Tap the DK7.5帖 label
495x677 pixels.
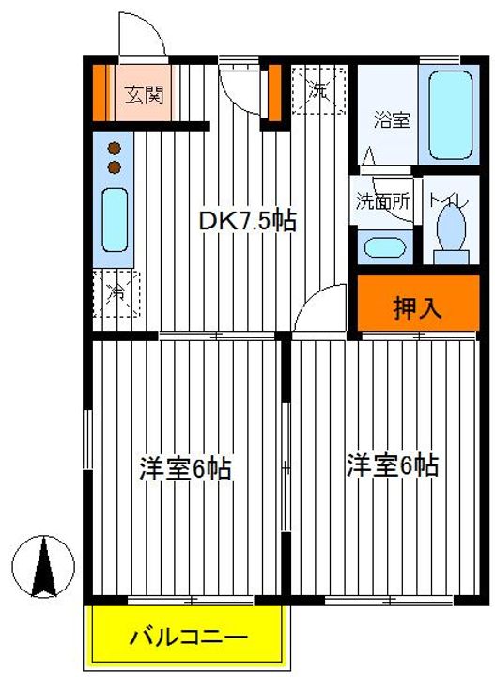[248, 221]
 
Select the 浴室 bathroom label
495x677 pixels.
[389, 120]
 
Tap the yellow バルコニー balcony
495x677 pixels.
[187, 637]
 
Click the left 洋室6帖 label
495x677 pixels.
[186, 467]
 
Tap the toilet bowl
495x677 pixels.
[452, 231]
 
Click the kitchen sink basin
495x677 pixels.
[115, 219]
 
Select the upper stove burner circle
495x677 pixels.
[115, 148]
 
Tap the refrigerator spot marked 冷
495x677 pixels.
[115, 292]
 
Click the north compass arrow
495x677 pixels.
[43, 565]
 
